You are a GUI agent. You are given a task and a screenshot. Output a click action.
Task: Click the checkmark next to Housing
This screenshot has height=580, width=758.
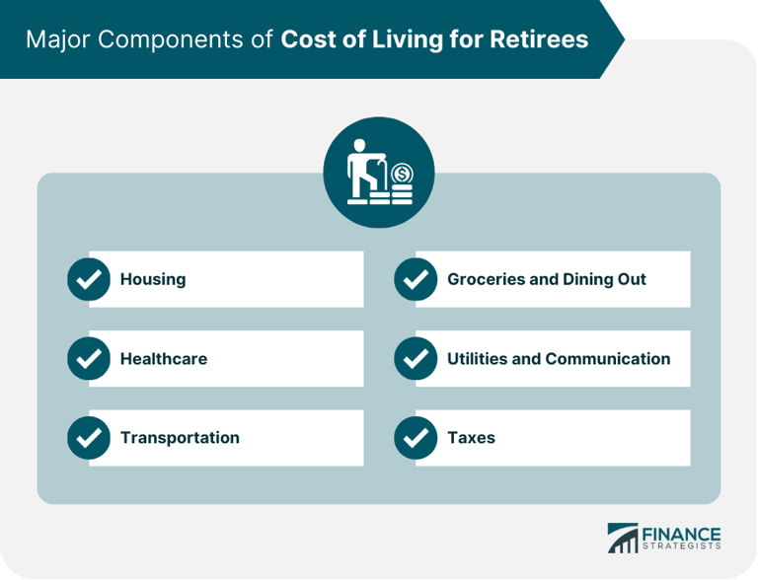tap(89, 279)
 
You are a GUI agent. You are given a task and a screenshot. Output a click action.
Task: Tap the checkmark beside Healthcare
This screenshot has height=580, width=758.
tap(89, 359)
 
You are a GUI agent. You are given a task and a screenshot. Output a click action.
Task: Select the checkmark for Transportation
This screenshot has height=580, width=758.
tap(89, 438)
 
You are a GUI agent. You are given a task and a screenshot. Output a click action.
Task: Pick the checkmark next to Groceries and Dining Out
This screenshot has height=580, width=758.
tap(416, 279)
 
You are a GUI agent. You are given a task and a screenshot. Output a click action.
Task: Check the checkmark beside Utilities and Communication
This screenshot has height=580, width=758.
tap(416, 359)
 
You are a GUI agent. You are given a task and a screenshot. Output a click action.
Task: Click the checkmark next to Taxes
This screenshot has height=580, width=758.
tap(416, 438)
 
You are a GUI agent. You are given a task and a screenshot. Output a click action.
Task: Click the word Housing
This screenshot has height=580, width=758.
tap(153, 279)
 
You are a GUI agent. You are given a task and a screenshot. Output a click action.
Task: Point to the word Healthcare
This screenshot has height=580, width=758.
tap(164, 359)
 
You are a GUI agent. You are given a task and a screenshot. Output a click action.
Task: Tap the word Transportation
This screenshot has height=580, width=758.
tap(180, 438)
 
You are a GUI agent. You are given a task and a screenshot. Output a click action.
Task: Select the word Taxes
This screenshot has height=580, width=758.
tap(471, 438)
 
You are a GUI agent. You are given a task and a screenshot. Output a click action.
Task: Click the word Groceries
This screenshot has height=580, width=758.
tap(486, 279)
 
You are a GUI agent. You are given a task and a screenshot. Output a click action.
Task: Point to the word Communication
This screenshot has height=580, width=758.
tap(608, 359)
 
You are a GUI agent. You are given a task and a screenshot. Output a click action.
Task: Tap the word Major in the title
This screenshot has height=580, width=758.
tap(55, 39)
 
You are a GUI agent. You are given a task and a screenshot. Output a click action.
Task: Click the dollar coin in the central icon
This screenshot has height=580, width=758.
tap(401, 175)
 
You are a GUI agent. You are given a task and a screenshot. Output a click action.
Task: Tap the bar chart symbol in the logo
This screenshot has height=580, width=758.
tap(623, 538)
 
